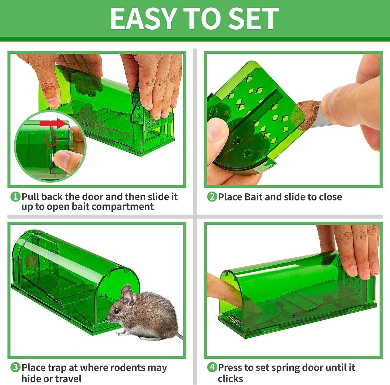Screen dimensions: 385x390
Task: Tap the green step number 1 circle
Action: (15, 197)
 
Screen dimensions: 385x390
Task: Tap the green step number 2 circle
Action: (212, 197)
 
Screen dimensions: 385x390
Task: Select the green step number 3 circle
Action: (15, 367)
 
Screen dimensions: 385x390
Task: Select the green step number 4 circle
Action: (212, 367)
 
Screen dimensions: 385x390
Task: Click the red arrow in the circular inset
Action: (53, 124)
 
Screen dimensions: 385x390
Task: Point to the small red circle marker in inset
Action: (51, 140)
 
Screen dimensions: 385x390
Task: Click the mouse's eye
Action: (117, 311)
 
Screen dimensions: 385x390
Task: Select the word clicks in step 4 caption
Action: (230, 379)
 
